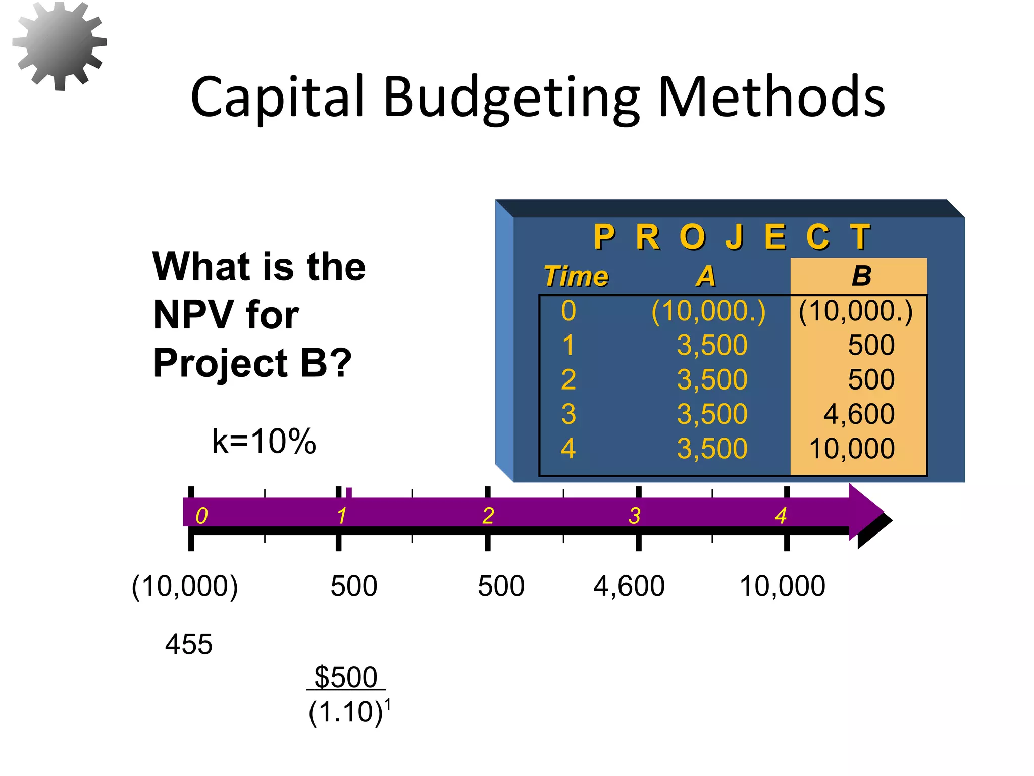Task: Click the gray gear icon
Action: pyautogui.click(x=60, y=45)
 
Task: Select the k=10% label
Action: pyautogui.click(x=264, y=441)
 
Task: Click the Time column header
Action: pyautogui.click(x=576, y=276)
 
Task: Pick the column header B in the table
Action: pyautogui.click(x=861, y=276)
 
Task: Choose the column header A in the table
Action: pyautogui.click(x=706, y=276)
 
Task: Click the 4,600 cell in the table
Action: pyautogui.click(x=859, y=414)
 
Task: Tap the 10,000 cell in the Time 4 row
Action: pyautogui.click(x=852, y=448)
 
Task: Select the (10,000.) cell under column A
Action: pyautogui.click(x=708, y=311)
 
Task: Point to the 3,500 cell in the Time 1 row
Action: pyautogui.click(x=712, y=345)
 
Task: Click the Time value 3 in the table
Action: pyautogui.click(x=568, y=414)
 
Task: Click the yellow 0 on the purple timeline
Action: pyautogui.click(x=201, y=516)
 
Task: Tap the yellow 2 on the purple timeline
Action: pyautogui.click(x=488, y=516)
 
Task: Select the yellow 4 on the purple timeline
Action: pyautogui.click(x=781, y=516)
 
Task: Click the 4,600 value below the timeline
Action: pyautogui.click(x=629, y=586)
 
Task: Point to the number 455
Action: pyautogui.click(x=189, y=644)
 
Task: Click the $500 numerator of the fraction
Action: pyautogui.click(x=346, y=677)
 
